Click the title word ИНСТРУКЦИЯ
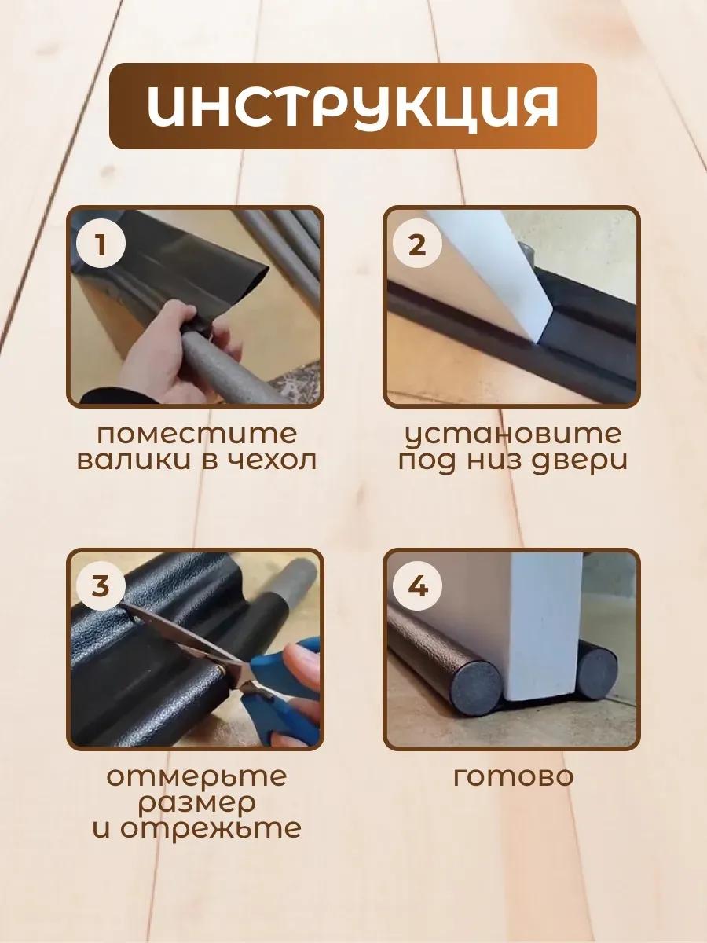(353, 106)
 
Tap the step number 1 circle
(101, 246)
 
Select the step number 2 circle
(417, 246)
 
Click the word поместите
(197, 435)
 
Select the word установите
(514, 435)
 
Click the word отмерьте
(197, 776)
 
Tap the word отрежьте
(210, 830)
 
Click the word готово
(514, 777)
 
